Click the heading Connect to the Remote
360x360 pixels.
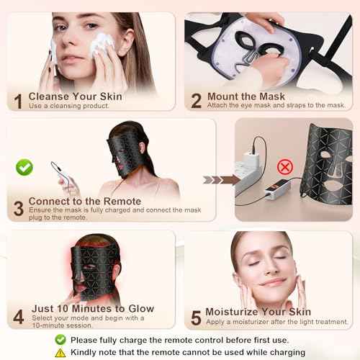tap(85, 202)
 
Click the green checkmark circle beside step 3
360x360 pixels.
tap(24, 168)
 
